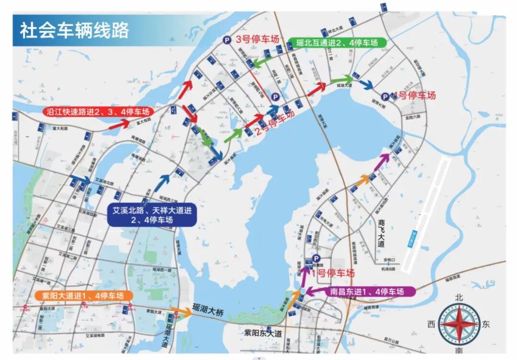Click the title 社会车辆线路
[74, 31]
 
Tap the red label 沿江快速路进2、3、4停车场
[98, 112]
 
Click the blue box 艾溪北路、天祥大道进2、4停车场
[152, 215]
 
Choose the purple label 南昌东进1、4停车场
[367, 291]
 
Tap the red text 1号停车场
[333, 273]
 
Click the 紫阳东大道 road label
[263, 332]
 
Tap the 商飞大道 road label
[382, 233]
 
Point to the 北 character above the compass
[459, 297]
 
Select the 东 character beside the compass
[486, 324]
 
